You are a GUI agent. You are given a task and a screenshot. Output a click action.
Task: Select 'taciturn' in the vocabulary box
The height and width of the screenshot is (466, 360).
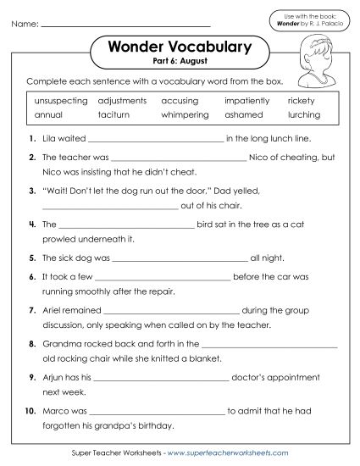click(113, 114)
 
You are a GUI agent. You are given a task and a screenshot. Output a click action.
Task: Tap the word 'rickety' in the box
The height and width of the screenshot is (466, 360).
click(301, 100)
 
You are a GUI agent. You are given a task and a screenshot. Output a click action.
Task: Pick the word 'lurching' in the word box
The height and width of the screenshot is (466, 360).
click(303, 114)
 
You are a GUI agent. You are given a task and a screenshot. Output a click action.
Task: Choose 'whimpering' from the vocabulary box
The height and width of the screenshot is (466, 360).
click(184, 114)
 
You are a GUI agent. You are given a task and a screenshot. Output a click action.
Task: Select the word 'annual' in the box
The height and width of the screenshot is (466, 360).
click(49, 114)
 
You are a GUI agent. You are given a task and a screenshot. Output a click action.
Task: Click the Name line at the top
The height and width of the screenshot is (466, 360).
click(125, 25)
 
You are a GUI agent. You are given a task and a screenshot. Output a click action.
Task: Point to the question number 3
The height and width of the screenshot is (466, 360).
click(31, 191)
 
